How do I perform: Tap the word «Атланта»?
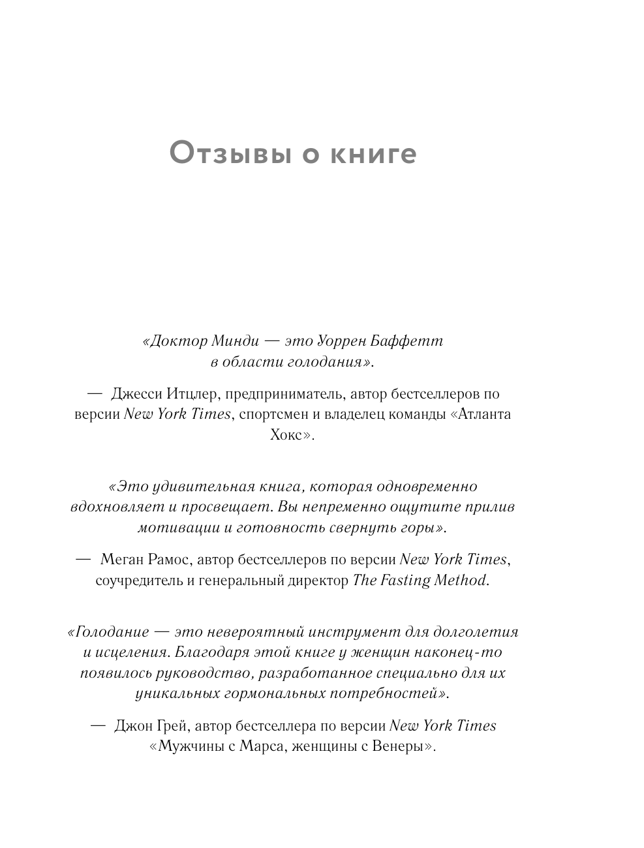pos(483,414)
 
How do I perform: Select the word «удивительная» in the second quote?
pos(193,487)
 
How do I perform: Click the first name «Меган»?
pos(122,560)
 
